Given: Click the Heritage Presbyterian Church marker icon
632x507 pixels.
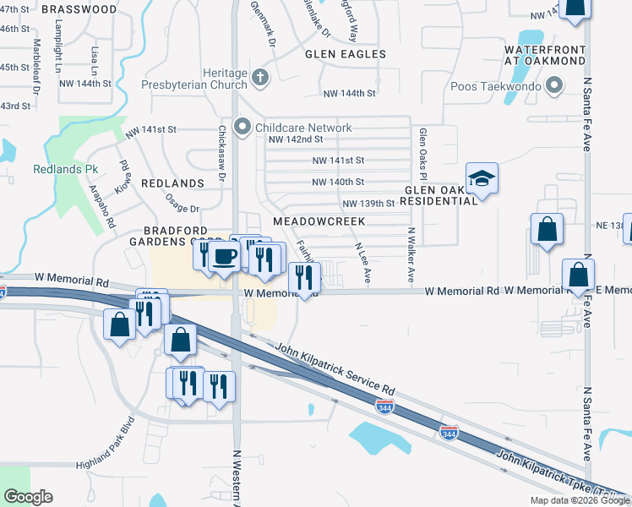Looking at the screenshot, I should [259, 80].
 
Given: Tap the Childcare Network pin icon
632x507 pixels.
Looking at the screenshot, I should [242, 128].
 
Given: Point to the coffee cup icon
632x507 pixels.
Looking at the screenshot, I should [224, 255].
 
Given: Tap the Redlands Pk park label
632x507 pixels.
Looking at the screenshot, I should [66, 169].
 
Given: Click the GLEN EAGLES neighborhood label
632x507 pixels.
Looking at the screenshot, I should [346, 54].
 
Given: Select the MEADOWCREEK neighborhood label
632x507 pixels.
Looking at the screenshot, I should [319, 221].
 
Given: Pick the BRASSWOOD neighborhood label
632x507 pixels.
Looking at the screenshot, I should [79, 9].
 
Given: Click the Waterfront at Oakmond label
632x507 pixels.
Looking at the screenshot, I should [544, 55].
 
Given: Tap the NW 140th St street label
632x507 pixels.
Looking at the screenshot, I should [338, 182].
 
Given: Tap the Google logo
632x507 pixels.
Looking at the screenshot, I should [28, 497].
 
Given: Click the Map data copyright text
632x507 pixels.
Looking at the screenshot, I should [580, 500].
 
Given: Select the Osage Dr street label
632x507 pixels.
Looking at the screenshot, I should [182, 208].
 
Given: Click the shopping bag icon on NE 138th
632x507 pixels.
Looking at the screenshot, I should [548, 230].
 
